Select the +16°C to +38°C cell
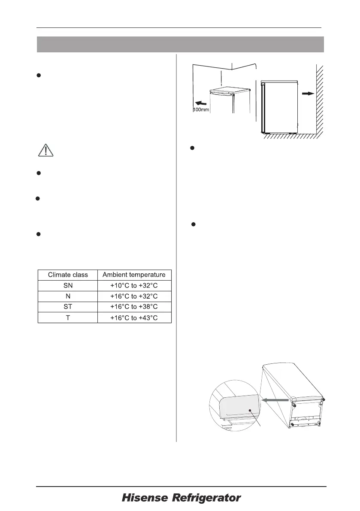[x=134, y=307]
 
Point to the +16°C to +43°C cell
[x=134, y=317]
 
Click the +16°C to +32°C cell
[x=134, y=296]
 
